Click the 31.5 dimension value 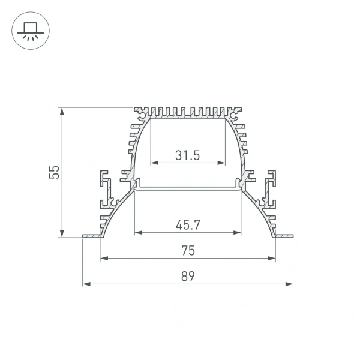tap(188, 155)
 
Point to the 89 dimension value tap(188, 277)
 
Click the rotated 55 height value tap(55, 173)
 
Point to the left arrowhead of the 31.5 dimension tap(153, 163)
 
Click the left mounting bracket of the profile tap(107, 189)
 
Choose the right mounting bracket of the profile tap(269, 189)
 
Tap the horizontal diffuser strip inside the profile tap(188, 188)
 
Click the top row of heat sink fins tap(188, 112)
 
